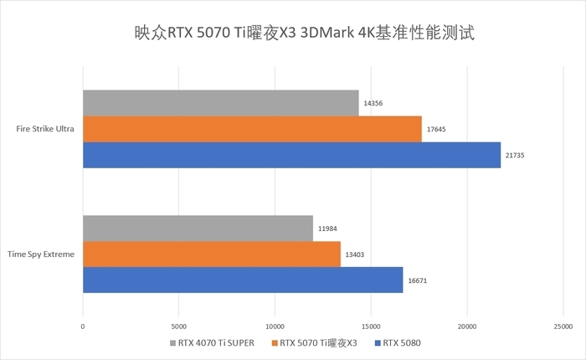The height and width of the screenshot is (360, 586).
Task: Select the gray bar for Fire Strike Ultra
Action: pyautogui.click(x=221, y=103)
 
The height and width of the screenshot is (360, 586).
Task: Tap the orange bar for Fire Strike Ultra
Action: pyautogui.click(x=252, y=129)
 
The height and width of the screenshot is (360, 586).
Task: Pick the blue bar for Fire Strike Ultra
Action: pyautogui.click(x=291, y=155)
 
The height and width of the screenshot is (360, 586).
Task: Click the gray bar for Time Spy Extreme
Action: pyautogui.click(x=198, y=228)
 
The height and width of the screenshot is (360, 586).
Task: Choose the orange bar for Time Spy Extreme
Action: pyautogui.click(x=212, y=254)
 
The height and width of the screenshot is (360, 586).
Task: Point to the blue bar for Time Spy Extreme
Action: pyautogui.click(x=243, y=280)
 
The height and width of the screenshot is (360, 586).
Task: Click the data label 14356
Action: pyautogui.click(x=373, y=103)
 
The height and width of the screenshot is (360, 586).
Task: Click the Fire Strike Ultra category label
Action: pyautogui.click(x=44, y=129)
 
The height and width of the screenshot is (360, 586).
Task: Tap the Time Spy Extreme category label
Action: pyautogui.click(x=41, y=254)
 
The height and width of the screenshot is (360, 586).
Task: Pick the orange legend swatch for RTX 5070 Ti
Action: pyautogui.click(x=274, y=342)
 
